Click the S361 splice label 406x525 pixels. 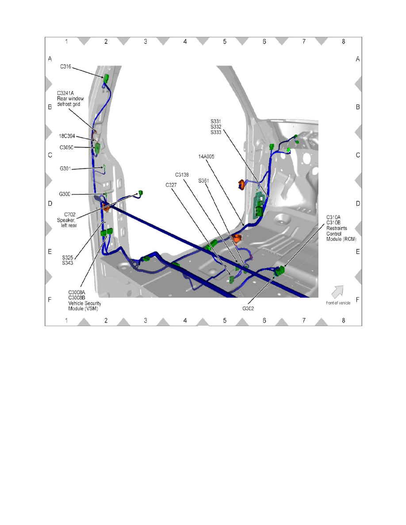click(204, 180)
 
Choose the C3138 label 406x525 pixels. click(182, 175)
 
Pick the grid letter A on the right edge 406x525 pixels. click(357, 59)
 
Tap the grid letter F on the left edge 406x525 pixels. click(50, 300)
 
